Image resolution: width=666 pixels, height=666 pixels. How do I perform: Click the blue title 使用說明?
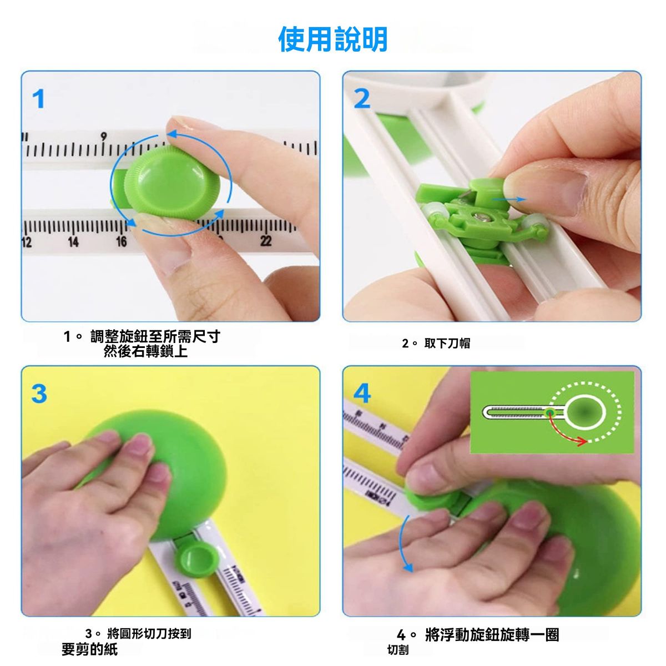tap(333, 39)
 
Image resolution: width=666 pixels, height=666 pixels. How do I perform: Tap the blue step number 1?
tap(39, 99)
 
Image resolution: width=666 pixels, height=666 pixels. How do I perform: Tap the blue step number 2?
tap(362, 99)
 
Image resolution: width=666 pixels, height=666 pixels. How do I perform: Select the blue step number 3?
tap(39, 393)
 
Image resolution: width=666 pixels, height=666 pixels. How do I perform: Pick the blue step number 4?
tap(362, 393)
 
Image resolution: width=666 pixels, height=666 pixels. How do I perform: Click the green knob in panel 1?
tap(171, 182)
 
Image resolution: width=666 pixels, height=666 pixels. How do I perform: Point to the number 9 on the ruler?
tap(104, 137)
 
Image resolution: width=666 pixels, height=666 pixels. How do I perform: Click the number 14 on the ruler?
tap(73, 241)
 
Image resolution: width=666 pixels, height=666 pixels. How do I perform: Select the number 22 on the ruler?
tap(266, 241)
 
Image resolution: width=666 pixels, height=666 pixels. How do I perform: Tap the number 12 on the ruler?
tap(27, 242)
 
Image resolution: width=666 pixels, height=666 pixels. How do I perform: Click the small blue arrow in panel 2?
tap(509, 199)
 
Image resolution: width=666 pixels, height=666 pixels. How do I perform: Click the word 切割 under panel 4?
tap(398, 650)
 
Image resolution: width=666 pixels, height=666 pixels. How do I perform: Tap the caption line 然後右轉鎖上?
tap(145, 351)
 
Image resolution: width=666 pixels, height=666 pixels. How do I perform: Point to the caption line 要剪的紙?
tap(90, 649)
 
